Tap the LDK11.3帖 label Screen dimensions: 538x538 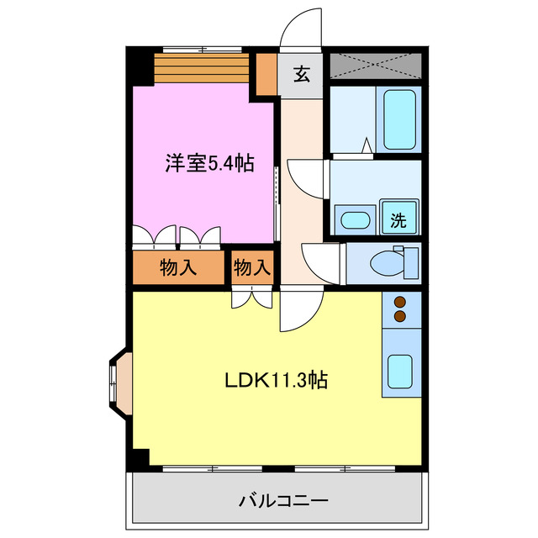[276, 380]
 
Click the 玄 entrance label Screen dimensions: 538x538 [302, 74]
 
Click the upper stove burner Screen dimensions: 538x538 [399, 303]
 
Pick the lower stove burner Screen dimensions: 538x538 [399, 316]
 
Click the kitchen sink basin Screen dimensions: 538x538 [399, 369]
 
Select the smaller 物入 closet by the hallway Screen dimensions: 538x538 [252, 269]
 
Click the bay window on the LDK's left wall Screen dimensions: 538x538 [118, 383]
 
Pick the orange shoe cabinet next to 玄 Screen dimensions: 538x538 [267, 75]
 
